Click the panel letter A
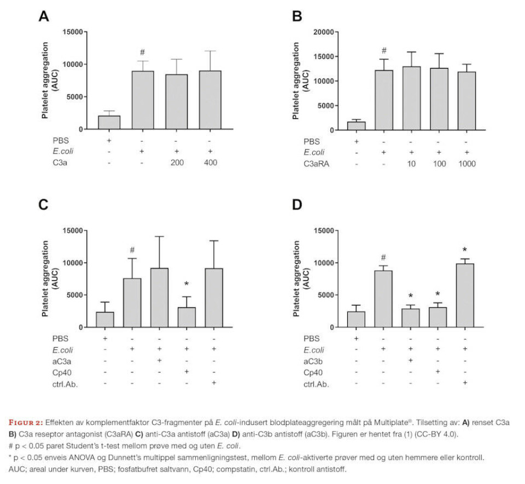pos(44,16)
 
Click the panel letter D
pos(297,205)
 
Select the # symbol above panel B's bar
pos(384,50)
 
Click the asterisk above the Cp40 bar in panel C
pos(186,284)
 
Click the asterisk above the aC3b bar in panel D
pos(410,296)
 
